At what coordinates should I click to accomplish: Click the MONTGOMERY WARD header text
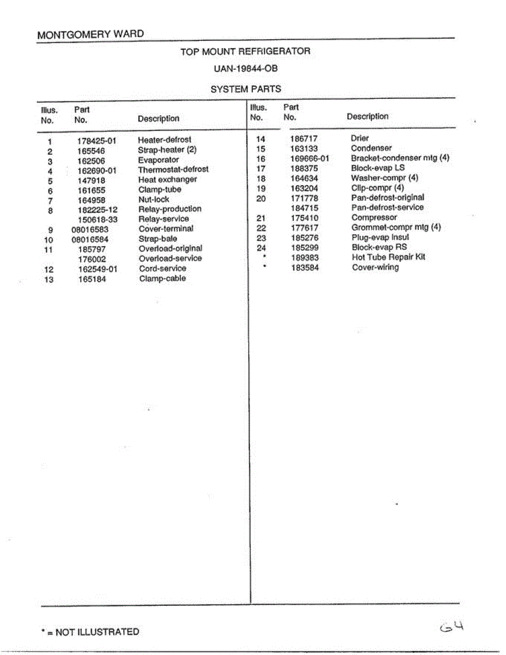click(91, 34)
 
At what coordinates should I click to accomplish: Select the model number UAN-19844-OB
click(246, 69)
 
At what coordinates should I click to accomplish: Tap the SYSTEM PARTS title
click(246, 89)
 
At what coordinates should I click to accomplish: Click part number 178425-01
click(97, 140)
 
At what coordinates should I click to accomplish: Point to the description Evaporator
click(158, 160)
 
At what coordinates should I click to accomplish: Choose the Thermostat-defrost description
click(173, 170)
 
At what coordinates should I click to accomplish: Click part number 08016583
click(90, 229)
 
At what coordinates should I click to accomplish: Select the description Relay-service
click(164, 219)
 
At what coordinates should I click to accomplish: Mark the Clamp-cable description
click(162, 279)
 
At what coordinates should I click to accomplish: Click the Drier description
click(360, 139)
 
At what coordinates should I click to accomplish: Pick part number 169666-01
click(310, 158)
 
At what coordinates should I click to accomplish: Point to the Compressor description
click(374, 217)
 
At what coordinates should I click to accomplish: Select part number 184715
click(305, 208)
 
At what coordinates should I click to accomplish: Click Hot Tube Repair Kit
click(388, 257)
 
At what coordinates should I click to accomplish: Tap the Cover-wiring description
click(375, 267)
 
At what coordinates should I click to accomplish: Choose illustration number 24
click(261, 247)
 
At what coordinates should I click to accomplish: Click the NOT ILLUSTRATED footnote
click(90, 632)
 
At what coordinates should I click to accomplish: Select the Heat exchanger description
click(167, 180)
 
